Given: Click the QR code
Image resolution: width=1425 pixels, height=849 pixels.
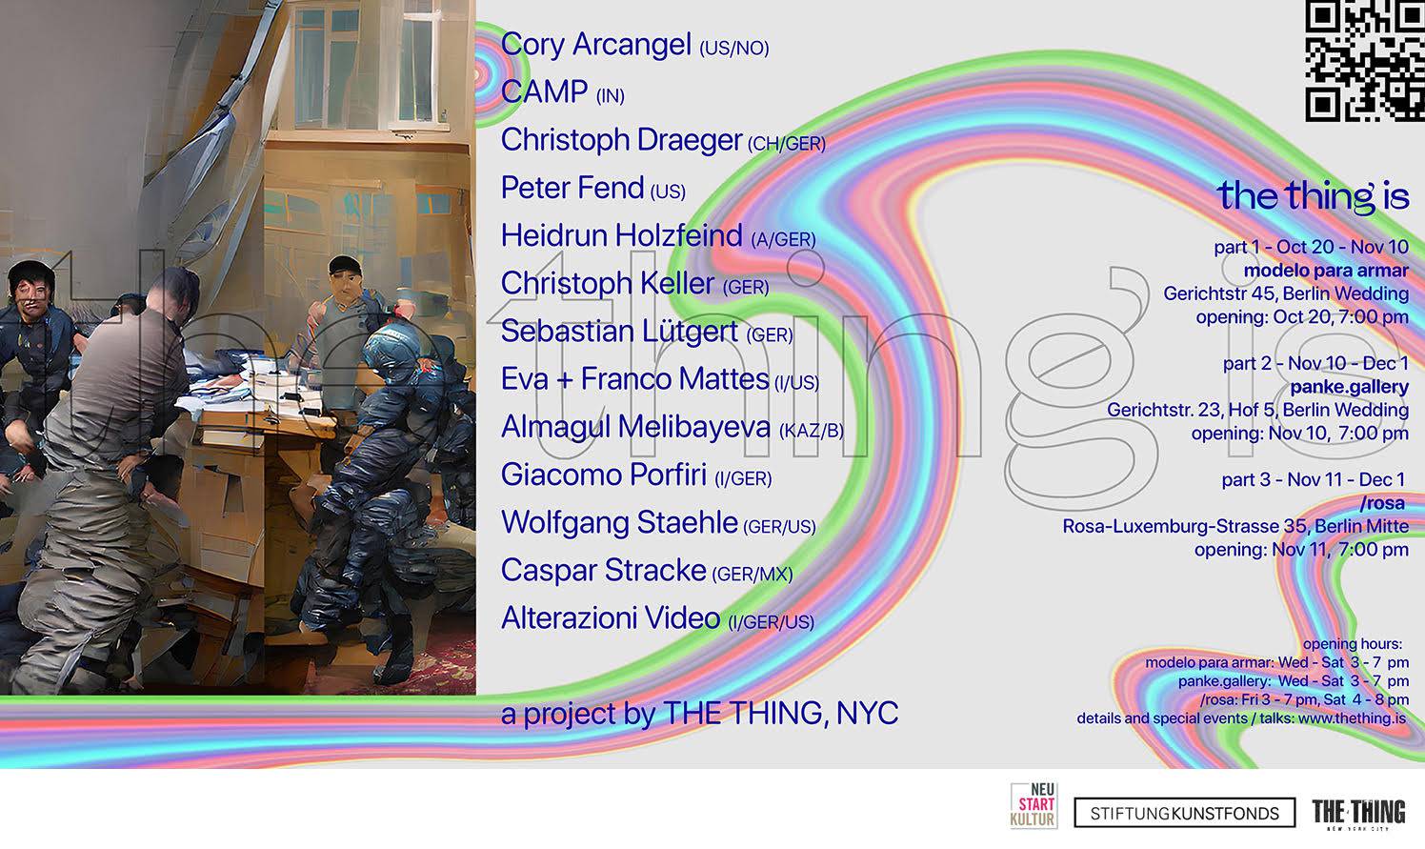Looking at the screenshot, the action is click(1365, 60).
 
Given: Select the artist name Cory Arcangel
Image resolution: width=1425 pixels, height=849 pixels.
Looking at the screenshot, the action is click(595, 45).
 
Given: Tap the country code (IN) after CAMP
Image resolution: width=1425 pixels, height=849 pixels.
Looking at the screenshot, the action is click(610, 96).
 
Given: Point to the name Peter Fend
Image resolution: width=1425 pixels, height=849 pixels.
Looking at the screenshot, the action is click(572, 188).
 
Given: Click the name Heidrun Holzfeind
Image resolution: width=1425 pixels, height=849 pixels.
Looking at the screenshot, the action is click(621, 235).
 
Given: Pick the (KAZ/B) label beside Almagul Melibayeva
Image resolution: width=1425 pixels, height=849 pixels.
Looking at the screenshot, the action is click(812, 431).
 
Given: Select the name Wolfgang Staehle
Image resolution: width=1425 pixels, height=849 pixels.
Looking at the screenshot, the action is click(619, 522).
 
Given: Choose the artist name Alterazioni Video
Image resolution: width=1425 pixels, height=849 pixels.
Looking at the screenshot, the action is click(611, 618).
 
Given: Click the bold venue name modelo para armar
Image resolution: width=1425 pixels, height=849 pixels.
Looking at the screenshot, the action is click(1326, 271).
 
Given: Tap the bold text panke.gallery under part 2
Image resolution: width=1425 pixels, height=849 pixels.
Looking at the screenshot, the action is click(1349, 387).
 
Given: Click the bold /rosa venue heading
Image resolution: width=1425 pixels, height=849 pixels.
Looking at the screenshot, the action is click(1382, 503).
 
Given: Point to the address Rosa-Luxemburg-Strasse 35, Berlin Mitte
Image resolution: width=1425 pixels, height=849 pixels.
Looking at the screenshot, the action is click(1235, 526).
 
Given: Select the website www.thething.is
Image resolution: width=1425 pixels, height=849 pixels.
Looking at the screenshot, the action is click(1352, 718).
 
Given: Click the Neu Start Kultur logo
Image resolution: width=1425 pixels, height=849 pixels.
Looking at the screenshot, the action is click(1034, 806).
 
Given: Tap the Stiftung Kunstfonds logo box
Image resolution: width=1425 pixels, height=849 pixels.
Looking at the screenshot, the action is click(1185, 813).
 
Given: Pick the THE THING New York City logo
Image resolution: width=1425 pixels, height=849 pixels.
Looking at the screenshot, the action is click(1359, 814).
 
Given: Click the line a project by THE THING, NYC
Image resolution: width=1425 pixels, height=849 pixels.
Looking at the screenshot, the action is click(700, 714).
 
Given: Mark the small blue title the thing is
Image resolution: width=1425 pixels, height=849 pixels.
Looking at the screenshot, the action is click(1313, 195).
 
